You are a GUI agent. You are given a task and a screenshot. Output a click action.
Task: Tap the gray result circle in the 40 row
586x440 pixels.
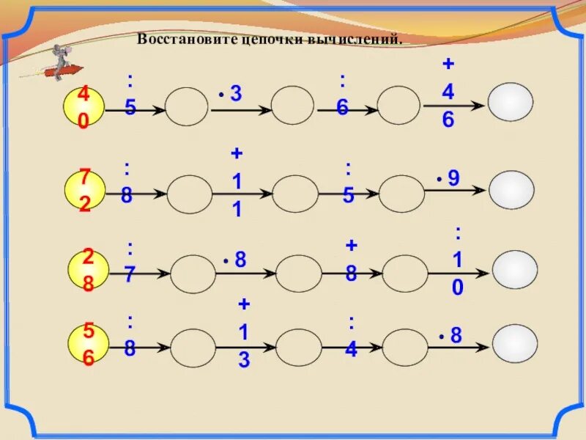point(511,102)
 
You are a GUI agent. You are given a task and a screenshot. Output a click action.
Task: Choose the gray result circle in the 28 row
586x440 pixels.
point(514,269)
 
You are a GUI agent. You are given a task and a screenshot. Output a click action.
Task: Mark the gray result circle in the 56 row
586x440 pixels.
point(515,342)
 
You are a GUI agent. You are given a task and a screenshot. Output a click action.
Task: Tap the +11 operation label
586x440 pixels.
point(237,182)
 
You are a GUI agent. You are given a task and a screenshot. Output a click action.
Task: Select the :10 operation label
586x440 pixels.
point(458,261)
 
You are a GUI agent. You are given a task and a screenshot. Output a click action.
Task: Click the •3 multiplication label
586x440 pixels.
point(231,94)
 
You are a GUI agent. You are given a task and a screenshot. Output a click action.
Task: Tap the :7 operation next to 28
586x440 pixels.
point(130,262)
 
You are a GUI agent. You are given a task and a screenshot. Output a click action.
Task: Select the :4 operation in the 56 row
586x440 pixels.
point(352,337)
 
